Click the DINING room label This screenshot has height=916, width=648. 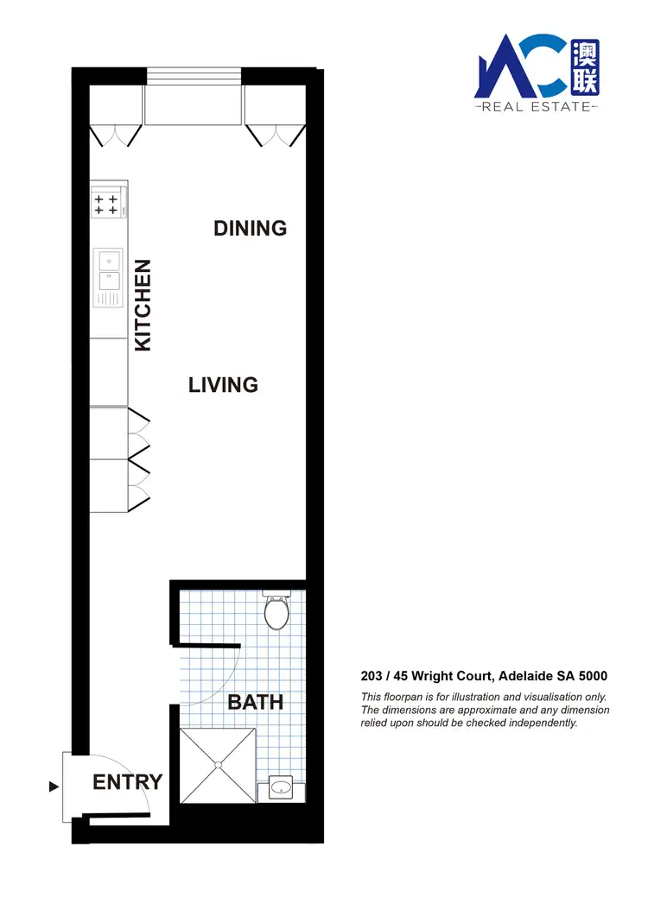point(250,228)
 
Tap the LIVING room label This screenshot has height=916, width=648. point(223,384)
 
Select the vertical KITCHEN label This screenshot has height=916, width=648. point(143,305)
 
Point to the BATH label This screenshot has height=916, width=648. point(255,702)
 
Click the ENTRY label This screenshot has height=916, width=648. point(127,782)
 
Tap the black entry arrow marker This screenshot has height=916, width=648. point(54,786)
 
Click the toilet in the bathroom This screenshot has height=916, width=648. point(276,611)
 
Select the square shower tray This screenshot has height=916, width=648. point(219,766)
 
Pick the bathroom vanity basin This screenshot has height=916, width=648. point(282,787)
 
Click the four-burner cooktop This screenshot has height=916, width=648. point(106,205)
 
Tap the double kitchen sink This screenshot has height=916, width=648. point(109,270)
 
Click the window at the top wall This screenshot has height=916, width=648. point(194,76)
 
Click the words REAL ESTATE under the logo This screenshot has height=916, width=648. point(536,107)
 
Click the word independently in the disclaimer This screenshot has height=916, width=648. point(538,723)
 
